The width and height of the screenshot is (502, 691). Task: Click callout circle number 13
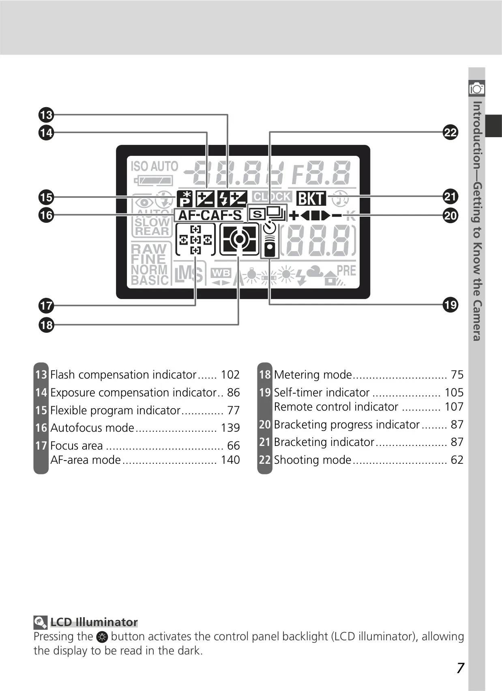tap(46, 115)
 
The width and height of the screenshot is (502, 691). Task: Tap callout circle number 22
tap(450, 132)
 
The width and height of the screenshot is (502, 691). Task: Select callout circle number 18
tap(46, 325)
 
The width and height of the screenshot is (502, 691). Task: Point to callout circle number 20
tap(450, 215)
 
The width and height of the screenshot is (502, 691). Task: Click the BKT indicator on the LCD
tap(311, 198)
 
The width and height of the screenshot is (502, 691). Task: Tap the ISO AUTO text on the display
tap(154, 166)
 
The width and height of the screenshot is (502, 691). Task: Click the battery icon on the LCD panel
tap(153, 181)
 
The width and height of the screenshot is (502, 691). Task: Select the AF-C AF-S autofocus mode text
tap(210, 215)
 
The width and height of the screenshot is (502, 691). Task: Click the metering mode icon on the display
tap(239, 239)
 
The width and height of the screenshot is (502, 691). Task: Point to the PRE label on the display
tap(346, 271)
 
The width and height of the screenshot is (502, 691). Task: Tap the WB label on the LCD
tap(221, 273)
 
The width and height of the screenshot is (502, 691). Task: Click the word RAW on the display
tap(149, 249)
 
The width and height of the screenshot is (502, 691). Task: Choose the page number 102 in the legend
tap(230, 375)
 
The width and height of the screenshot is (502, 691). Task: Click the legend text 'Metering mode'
tap(313, 375)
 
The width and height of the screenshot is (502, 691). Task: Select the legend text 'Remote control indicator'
tap(336, 407)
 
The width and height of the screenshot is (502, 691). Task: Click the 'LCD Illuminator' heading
tap(94, 622)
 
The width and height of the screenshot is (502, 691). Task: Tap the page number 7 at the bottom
tap(460, 668)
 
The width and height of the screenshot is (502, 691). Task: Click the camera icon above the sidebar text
tap(477, 89)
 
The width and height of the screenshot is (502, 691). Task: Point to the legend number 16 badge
tap(41, 428)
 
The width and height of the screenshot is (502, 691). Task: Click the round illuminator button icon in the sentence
tap(102, 637)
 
